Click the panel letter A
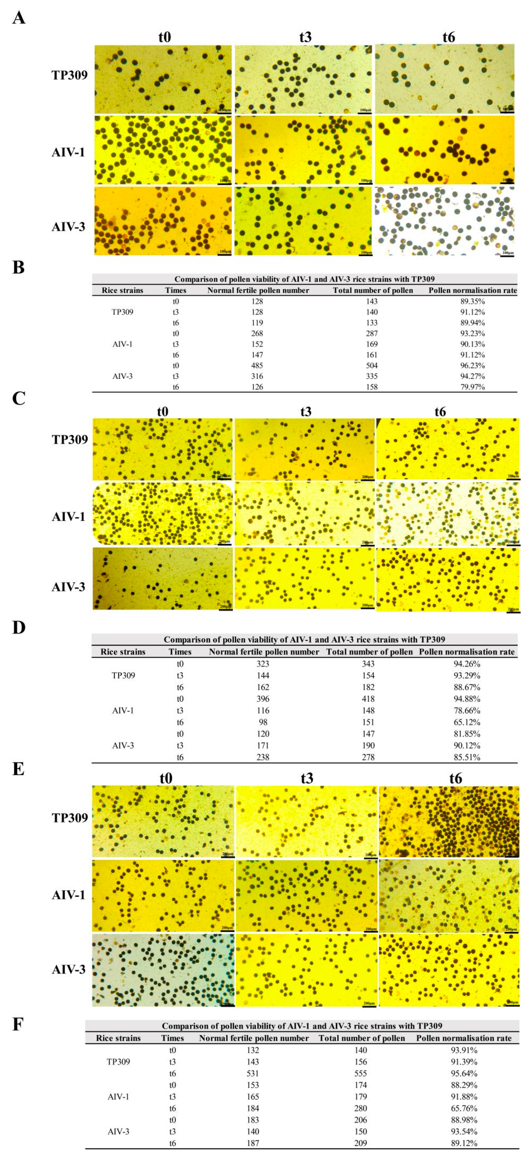[x=18, y=18]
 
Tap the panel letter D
[x=18, y=627]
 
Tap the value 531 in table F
[x=253, y=1073]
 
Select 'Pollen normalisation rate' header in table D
[x=466, y=652]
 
